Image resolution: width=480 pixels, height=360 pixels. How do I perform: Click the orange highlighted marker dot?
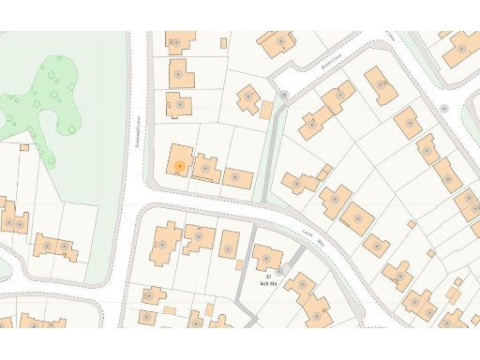coord(179,167)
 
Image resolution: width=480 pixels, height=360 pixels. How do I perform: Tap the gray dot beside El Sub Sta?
coord(278,273)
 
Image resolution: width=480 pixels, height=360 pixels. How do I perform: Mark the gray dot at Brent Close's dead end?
coord(284,95)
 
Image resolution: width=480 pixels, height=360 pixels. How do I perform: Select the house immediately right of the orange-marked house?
coord(207,168)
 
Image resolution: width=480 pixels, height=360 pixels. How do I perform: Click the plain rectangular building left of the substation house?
coord(230,245)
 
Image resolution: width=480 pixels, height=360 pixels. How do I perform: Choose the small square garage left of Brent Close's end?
coord(266,110)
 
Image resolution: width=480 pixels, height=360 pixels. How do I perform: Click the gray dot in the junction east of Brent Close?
coord(444,109)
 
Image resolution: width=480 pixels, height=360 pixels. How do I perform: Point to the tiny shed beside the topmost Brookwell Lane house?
coord(222,42)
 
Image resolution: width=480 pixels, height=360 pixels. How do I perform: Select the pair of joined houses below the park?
coord(55,247)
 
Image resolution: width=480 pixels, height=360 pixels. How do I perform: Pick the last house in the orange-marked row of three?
coord(236,177)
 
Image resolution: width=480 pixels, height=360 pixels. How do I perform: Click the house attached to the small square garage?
coord(249,97)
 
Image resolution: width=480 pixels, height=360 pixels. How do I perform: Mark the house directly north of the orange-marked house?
coord(178,105)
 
